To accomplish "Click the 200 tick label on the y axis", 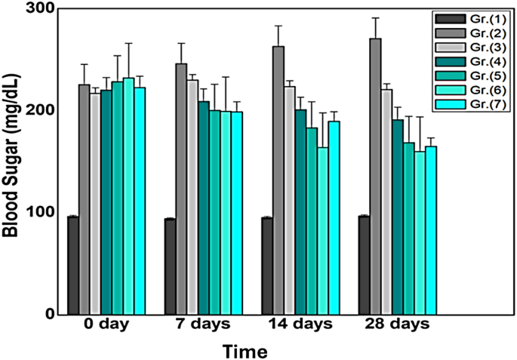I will (x=44, y=110).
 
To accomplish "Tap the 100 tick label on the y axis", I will (x=44, y=212).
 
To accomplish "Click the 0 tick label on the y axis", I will (x=51, y=314).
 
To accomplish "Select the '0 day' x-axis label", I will (x=106, y=326).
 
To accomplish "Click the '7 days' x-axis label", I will (x=203, y=326).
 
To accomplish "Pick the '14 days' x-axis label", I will (x=300, y=326).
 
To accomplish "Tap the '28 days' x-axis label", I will (x=397, y=326).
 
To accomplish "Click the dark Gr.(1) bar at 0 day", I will (x=73, y=265).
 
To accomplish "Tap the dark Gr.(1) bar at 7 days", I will (x=170, y=266).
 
